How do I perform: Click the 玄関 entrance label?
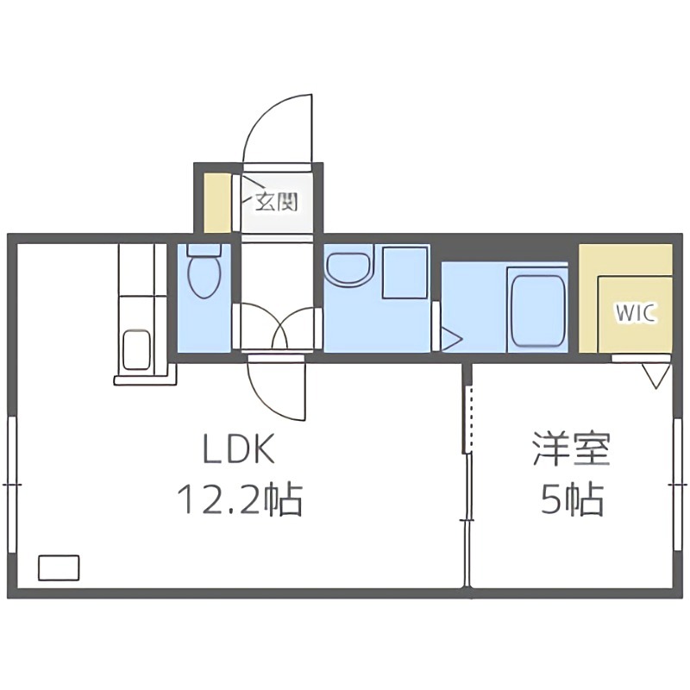[276, 203]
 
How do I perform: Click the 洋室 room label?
[571, 450]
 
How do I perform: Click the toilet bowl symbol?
[204, 276]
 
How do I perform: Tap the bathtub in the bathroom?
[536, 309]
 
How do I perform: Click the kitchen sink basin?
[137, 349]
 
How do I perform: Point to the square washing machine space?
[405, 272]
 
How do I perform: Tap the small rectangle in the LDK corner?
[59, 567]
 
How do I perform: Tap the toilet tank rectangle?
[204, 252]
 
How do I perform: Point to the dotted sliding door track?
[468, 418]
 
